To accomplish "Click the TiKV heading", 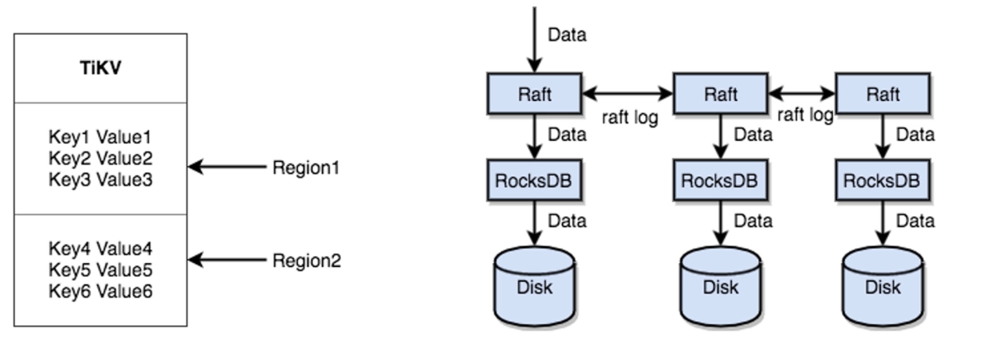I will click(x=100, y=68).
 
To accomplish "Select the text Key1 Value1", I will click(x=101, y=137).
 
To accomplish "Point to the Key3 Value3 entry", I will click(x=101, y=178).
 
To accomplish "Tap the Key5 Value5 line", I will click(x=101, y=270).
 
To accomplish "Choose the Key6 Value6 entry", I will click(x=101, y=291).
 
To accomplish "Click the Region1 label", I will click(x=305, y=168).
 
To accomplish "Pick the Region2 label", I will click(x=306, y=261).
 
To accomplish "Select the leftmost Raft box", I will click(x=534, y=94).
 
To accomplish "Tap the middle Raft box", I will click(x=721, y=94).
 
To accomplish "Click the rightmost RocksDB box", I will click(x=883, y=181).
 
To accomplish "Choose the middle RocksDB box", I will click(x=721, y=181).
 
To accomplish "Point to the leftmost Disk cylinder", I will click(x=534, y=285).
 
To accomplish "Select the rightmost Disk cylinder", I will click(x=883, y=285).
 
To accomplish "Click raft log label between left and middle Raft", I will click(x=629, y=116).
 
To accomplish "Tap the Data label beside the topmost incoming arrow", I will click(x=567, y=35).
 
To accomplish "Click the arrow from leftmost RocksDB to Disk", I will click(x=534, y=222).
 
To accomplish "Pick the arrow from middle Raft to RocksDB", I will click(x=721, y=136).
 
